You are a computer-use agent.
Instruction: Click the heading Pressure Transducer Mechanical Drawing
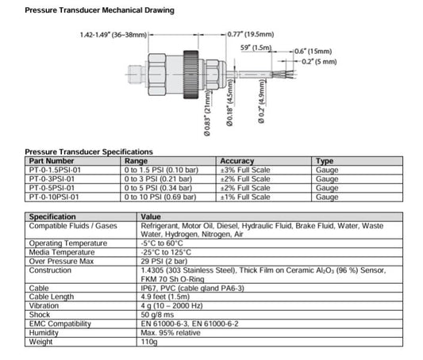[100, 10]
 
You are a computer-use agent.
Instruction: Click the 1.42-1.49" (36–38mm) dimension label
[113, 35]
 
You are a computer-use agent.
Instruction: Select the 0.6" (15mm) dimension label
[326, 51]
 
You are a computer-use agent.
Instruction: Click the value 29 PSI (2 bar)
[164, 260]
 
